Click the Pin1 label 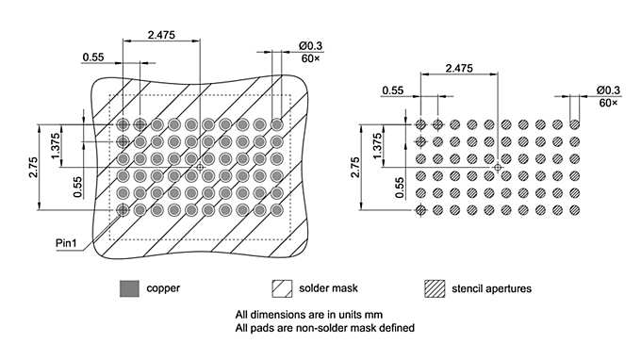[x=66, y=243]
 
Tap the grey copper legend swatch [x=129, y=287]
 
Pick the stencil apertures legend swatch [x=436, y=287]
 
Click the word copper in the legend [x=163, y=287]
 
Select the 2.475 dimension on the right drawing [x=459, y=68]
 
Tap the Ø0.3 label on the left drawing [x=311, y=44]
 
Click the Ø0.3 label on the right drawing [x=608, y=90]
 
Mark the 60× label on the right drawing [x=608, y=102]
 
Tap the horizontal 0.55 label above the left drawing [x=93, y=57]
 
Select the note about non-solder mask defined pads [x=324, y=328]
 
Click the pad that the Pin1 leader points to [x=123, y=210]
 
